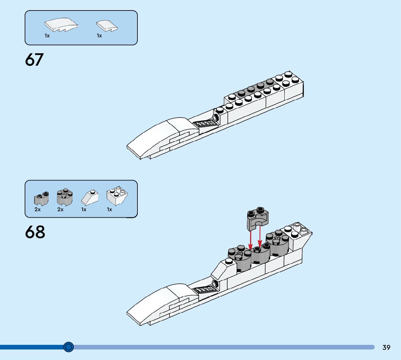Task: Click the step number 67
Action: click(34, 60)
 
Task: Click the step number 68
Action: click(35, 232)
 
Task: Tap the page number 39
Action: click(386, 347)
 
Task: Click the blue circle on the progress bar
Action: click(69, 347)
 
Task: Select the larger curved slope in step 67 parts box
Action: click(61, 26)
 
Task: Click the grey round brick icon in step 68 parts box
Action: click(65, 197)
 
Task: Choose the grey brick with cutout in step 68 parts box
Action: click(41, 198)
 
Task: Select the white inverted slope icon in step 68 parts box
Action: click(117, 196)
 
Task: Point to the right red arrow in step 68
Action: click(260, 238)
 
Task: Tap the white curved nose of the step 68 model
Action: click(160, 301)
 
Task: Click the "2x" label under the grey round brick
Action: click(60, 209)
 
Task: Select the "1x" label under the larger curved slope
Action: click(47, 36)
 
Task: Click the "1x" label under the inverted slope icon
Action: click(109, 209)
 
